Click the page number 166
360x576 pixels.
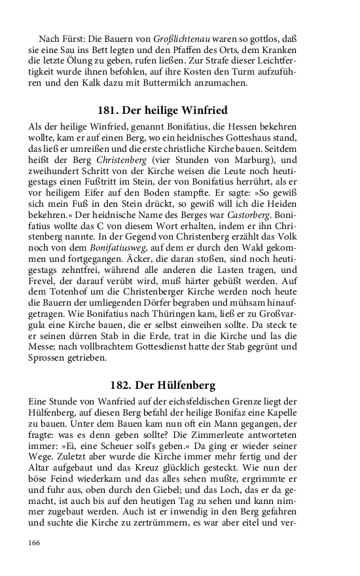click(x=34, y=543)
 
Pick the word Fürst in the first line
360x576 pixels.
click(x=77, y=39)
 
